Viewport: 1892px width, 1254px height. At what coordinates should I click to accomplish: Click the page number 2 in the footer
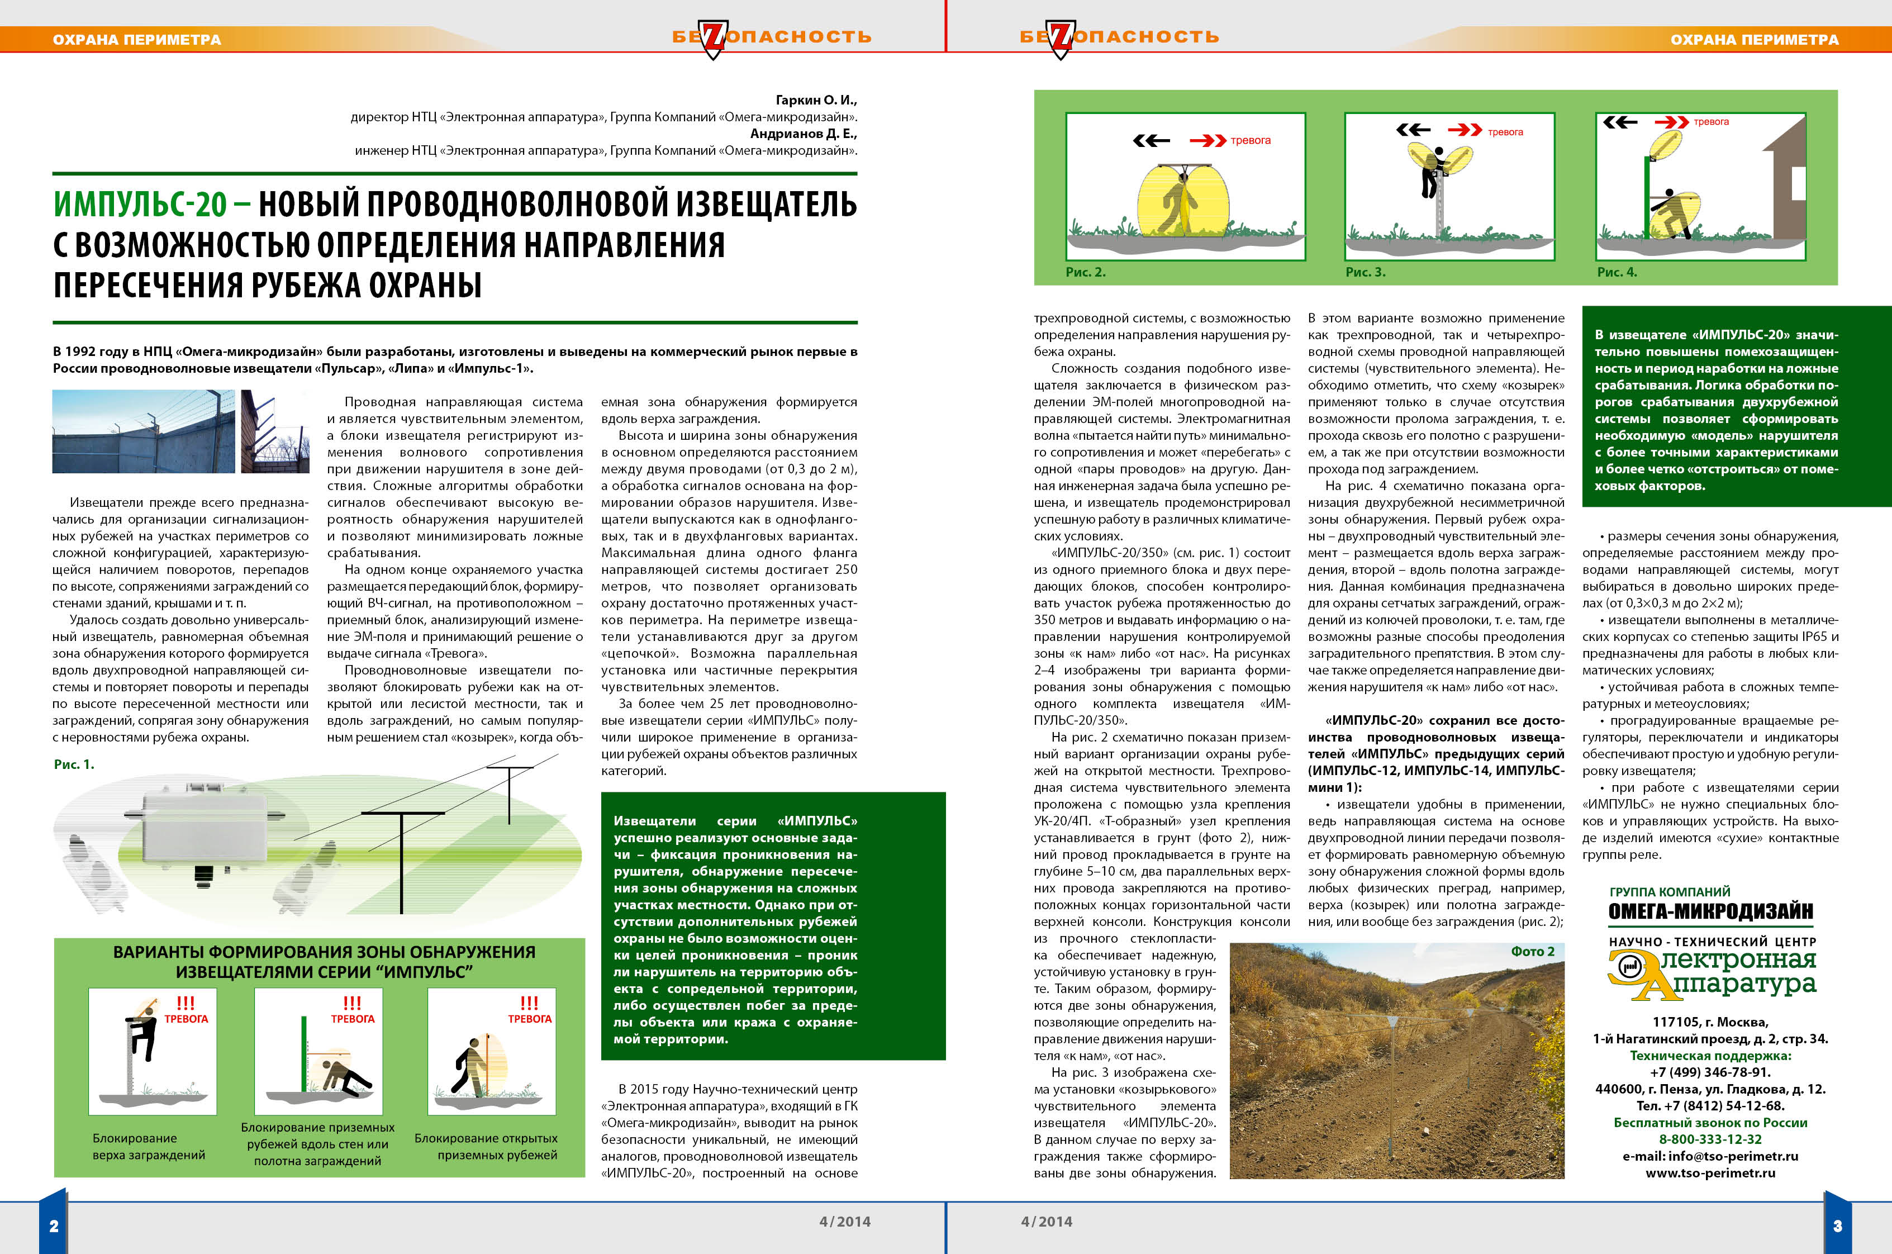coord(54,1226)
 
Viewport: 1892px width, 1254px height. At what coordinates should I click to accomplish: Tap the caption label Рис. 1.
coord(74,764)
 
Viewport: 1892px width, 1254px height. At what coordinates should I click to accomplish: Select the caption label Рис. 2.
coord(1085,272)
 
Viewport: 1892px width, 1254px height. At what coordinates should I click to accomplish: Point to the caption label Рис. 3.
coord(1365,272)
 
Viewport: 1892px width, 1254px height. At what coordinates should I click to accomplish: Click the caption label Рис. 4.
coord(1616,272)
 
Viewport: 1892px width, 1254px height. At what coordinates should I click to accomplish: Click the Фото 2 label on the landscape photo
coord(1532,951)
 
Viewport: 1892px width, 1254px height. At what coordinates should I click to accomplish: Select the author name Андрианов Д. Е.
coord(803,134)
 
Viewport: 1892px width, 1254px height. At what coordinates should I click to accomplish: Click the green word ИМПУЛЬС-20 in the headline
coord(141,205)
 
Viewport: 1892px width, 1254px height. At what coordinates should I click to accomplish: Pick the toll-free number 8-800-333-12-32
coord(1710,1139)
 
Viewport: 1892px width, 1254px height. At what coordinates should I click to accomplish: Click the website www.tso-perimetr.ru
coord(1710,1172)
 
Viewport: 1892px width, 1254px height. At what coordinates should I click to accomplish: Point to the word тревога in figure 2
coord(1251,141)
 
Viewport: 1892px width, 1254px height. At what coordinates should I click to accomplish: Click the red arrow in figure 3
coord(1464,130)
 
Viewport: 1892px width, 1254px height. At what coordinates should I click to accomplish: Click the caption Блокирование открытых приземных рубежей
coord(486,1146)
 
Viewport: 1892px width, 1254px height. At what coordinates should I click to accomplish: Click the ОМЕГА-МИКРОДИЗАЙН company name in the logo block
coord(1710,911)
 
